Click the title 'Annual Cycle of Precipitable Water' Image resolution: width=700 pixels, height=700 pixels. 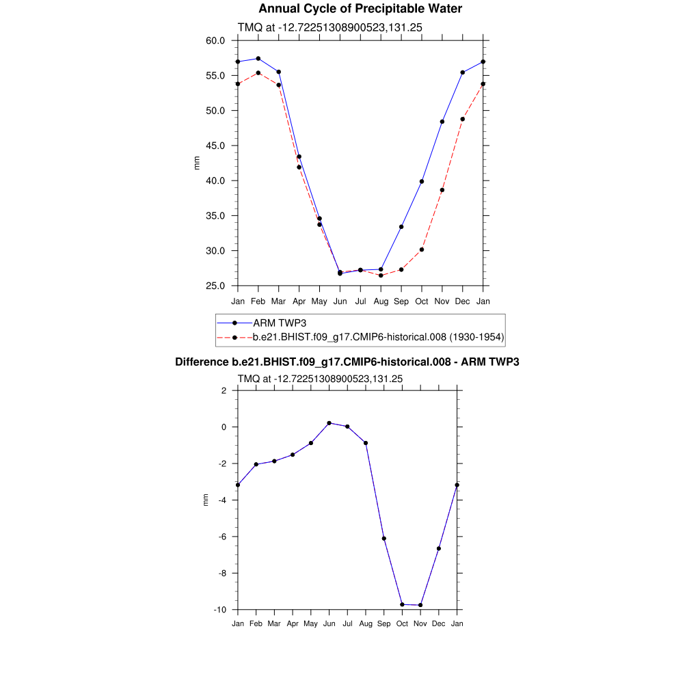(360, 9)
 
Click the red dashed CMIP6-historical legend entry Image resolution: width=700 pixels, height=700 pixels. (378, 337)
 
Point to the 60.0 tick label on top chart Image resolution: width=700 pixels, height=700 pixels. (215, 40)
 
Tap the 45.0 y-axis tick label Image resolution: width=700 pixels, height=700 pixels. (215, 146)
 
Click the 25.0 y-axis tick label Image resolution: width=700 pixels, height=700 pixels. (215, 286)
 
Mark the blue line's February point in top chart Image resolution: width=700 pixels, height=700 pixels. (258, 59)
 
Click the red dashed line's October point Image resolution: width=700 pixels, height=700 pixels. (422, 250)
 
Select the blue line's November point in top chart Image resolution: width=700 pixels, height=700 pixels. (442, 122)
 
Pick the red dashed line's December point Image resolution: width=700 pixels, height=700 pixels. (463, 119)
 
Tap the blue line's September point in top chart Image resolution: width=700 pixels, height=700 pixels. (401, 227)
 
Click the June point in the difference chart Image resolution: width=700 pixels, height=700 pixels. (329, 423)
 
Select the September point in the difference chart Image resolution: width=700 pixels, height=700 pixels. (384, 539)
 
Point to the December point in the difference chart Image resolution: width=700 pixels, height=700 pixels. (439, 549)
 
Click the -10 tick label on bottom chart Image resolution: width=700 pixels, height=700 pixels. (221, 610)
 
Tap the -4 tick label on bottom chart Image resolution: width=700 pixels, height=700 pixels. (223, 500)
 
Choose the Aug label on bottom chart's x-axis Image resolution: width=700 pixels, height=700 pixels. (366, 623)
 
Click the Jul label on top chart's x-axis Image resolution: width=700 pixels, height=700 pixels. (360, 301)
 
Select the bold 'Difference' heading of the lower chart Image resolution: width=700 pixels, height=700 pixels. (347, 362)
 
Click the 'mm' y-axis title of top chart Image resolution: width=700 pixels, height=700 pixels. (197, 163)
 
